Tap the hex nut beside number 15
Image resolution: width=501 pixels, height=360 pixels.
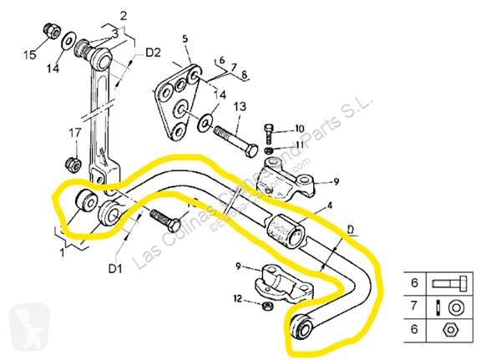(x=50, y=32)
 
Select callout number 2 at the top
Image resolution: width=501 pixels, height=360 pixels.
(x=123, y=15)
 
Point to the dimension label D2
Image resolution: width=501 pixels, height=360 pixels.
(x=152, y=53)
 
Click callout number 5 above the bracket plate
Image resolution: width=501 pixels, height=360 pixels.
(x=185, y=38)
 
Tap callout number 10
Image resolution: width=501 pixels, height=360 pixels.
(x=300, y=128)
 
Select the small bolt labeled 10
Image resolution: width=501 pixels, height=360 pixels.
(x=269, y=132)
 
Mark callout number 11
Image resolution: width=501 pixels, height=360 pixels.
(x=300, y=145)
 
